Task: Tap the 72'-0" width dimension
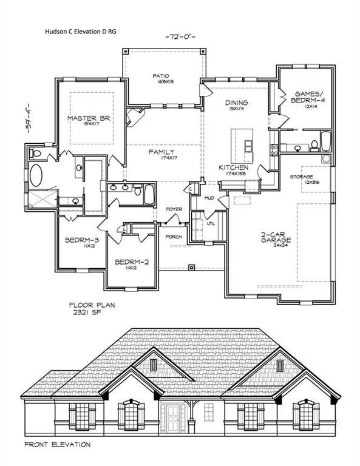click(180, 38)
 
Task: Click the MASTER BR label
click(89, 118)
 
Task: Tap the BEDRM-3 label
click(78, 240)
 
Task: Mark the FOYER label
click(174, 209)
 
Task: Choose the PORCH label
click(174, 237)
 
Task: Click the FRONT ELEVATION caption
click(58, 445)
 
